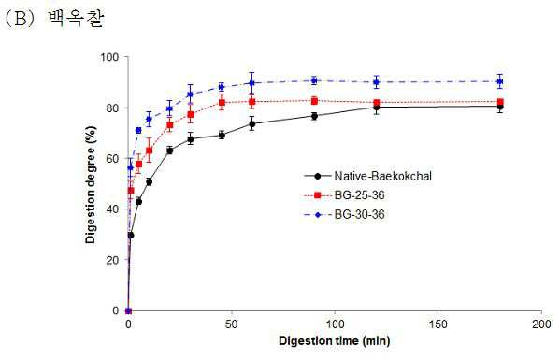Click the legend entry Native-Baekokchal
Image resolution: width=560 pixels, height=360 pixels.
pos(383,176)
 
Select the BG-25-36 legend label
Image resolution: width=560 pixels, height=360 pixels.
pos(359,195)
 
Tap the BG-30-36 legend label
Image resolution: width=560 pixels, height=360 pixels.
pos(359,215)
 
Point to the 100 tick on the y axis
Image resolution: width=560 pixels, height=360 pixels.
pos(109,57)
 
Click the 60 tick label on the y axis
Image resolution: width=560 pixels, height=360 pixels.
pos(112,159)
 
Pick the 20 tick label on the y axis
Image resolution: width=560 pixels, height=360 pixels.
pos(112,260)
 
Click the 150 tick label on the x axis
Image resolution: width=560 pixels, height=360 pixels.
pos(438,324)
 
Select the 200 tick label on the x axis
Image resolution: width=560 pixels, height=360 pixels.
pos(541,324)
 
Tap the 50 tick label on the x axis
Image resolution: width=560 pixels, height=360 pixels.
pos(232,324)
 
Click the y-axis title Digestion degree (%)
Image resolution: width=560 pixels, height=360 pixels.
pos(91,184)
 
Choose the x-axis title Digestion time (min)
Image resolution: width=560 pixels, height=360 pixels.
pos(335,340)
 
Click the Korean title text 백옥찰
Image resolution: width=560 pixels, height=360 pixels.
pos(75,19)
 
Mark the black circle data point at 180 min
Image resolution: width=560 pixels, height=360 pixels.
pos(500,107)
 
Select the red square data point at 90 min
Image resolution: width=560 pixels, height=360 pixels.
pos(314,101)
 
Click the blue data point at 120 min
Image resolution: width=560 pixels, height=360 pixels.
pos(376,82)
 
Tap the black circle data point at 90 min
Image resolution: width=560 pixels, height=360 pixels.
pos(314,116)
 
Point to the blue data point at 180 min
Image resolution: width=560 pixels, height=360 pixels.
pos(500,81)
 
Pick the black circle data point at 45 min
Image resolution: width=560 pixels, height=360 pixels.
pos(222,136)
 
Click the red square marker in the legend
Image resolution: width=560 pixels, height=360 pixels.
pos(317,195)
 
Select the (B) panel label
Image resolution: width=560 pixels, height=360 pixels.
pos(21,19)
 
